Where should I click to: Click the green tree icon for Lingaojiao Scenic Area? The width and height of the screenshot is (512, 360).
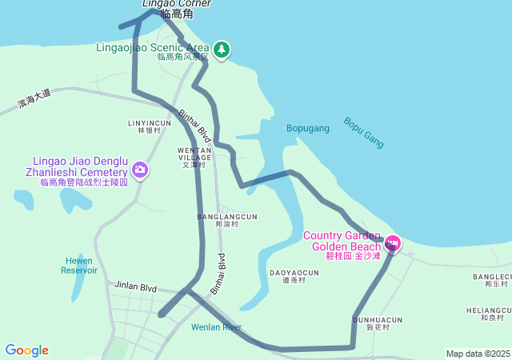click(222, 50)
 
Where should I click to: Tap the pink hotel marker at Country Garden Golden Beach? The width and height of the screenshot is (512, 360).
click(392, 242)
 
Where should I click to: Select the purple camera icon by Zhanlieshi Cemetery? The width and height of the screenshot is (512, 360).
click(140, 169)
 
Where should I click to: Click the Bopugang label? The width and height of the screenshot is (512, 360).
click(308, 128)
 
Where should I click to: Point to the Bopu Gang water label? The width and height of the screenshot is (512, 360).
click(364, 133)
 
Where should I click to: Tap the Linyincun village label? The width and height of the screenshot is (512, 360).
click(150, 126)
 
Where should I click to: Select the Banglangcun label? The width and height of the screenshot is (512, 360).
click(227, 220)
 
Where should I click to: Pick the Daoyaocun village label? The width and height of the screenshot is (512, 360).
click(294, 276)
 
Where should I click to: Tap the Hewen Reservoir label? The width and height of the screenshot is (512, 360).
click(79, 265)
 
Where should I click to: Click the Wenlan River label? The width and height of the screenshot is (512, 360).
click(216, 327)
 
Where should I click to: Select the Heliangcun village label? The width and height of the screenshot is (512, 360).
click(489, 313)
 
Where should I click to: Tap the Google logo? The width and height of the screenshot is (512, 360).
click(26, 350)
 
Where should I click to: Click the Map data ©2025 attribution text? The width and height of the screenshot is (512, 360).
click(478, 354)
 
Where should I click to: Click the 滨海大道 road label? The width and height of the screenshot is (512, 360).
click(34, 99)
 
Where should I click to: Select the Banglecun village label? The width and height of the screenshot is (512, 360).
click(490, 280)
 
